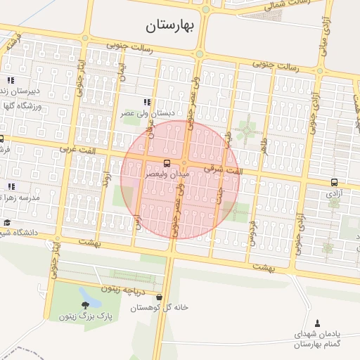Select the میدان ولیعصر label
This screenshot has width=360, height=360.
click(167, 172)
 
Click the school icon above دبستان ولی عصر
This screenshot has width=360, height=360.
click(146, 102)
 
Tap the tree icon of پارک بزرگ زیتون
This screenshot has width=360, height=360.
click(86, 304)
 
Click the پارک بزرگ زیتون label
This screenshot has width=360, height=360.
click(86, 316)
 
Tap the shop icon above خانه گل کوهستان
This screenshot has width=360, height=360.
click(160, 297)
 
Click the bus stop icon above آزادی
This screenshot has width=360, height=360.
click(334, 182)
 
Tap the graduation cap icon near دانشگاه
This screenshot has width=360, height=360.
click(6, 222)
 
